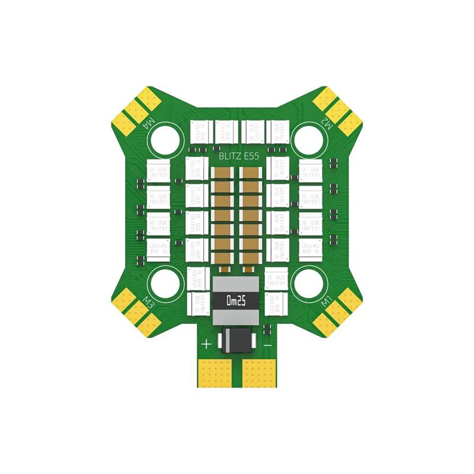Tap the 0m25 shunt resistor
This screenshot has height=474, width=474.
click(x=235, y=300)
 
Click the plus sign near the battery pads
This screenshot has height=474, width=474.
click(x=206, y=344)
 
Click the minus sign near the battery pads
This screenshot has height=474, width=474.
click(x=268, y=344)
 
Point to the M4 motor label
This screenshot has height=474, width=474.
click(x=149, y=125)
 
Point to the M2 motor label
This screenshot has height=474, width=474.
click(x=325, y=125)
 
